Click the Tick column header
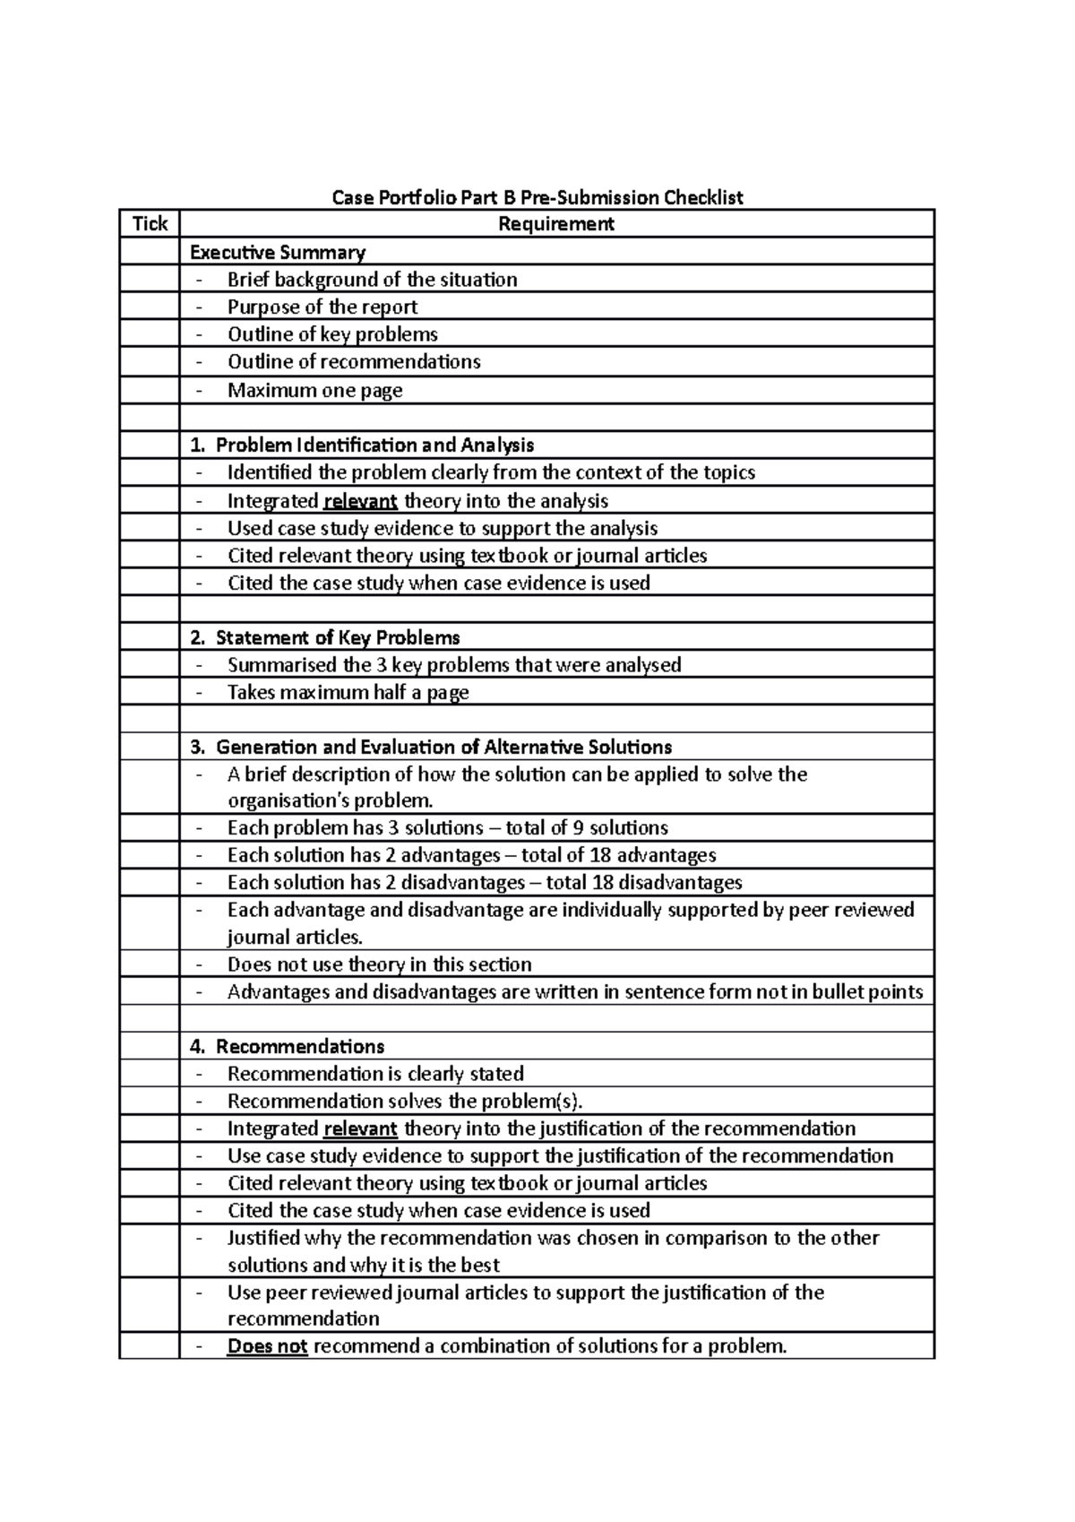pos(150,223)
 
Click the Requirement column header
pos(555,223)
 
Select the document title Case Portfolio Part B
pos(537,197)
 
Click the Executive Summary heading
pos(278,252)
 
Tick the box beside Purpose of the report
pos(150,307)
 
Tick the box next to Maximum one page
pos(150,390)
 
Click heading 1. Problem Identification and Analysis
pos(362,445)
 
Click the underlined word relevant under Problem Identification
pos(359,501)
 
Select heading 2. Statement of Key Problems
pos(325,637)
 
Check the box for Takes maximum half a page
pos(150,692)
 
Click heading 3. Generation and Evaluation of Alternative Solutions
pos(431,747)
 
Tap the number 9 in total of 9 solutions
pos(579,827)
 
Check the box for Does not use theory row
pos(150,964)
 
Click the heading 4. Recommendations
pos(288,1046)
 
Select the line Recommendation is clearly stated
pos(375,1074)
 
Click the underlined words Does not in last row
pos(267,1346)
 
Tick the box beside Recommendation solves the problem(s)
pos(150,1101)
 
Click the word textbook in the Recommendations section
pos(509,1183)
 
